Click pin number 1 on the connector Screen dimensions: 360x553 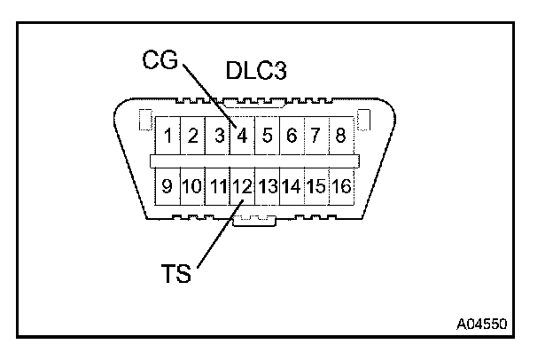[x=168, y=137]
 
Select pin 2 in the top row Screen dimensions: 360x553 [x=192, y=137]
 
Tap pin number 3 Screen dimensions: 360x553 [x=217, y=137]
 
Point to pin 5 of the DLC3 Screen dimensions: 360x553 [x=267, y=137]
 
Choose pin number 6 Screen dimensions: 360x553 [x=292, y=137]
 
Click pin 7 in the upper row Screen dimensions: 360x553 [x=315, y=137]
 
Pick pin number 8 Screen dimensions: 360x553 [x=340, y=137]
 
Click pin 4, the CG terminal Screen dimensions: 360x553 [x=242, y=137]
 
